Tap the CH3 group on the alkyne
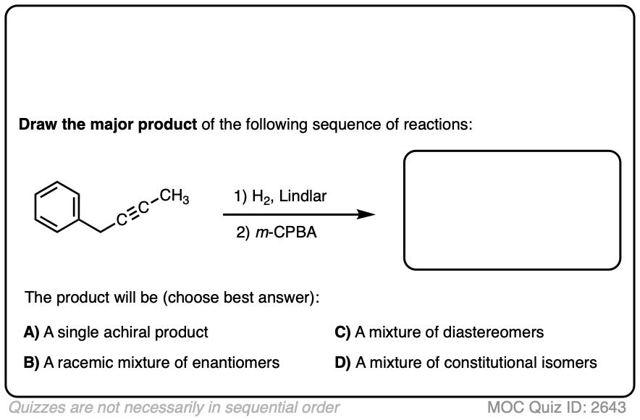coord(174,196)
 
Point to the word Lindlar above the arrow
coord(303,196)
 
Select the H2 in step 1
coord(258,197)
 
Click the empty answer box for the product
coord(512,210)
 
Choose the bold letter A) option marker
coord(32,332)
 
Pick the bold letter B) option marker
coord(32,363)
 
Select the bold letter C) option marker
coord(342,332)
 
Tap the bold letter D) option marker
coord(342,363)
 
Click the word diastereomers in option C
coord(494,332)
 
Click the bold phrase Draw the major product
coord(108,125)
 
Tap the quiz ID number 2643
coord(607,407)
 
